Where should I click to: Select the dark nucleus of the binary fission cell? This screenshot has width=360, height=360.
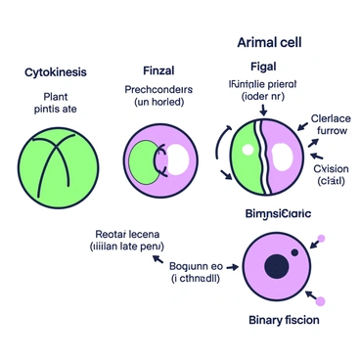277,264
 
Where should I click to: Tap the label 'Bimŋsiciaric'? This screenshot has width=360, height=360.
277,212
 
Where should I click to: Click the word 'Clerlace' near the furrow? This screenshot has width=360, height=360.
330,118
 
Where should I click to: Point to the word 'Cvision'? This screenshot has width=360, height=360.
331,168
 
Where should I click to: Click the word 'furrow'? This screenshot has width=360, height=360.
331,132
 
